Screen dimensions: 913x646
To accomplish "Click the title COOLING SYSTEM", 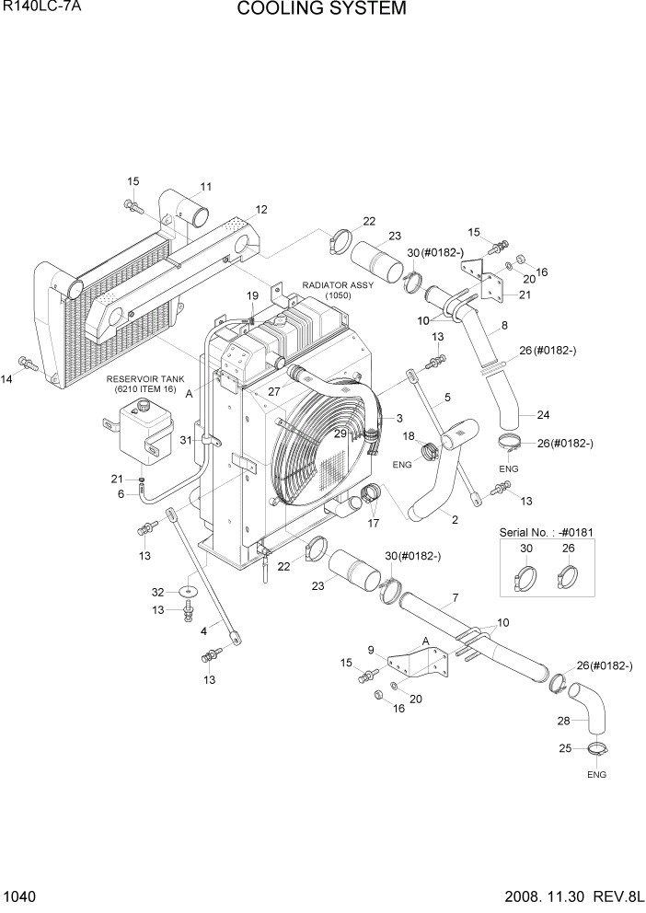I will point(321,10).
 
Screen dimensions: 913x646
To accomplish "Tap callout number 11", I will point(205,185).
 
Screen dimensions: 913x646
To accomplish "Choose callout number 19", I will point(252,295).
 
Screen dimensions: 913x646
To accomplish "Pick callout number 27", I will point(273,390).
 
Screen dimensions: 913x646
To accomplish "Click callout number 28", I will point(564,721).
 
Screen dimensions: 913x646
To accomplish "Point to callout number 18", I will point(409,435).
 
